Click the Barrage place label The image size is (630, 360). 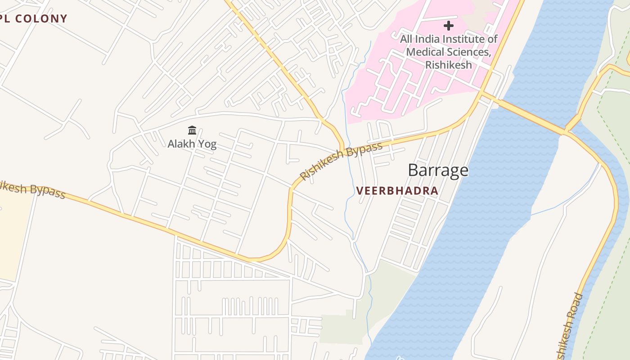click(438, 171)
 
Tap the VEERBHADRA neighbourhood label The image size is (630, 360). click(397, 191)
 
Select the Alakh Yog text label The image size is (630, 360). click(192, 144)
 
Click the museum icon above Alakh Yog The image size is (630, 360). click(192, 130)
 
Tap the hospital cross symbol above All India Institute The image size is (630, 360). click(448, 25)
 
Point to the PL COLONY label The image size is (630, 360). click(34, 19)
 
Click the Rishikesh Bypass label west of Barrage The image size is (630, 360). click(341, 161)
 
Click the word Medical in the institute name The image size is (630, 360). click(425, 52)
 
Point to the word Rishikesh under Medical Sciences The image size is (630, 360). click(448, 64)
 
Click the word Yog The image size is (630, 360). click(207, 144)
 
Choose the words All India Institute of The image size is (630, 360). click(448, 39)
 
